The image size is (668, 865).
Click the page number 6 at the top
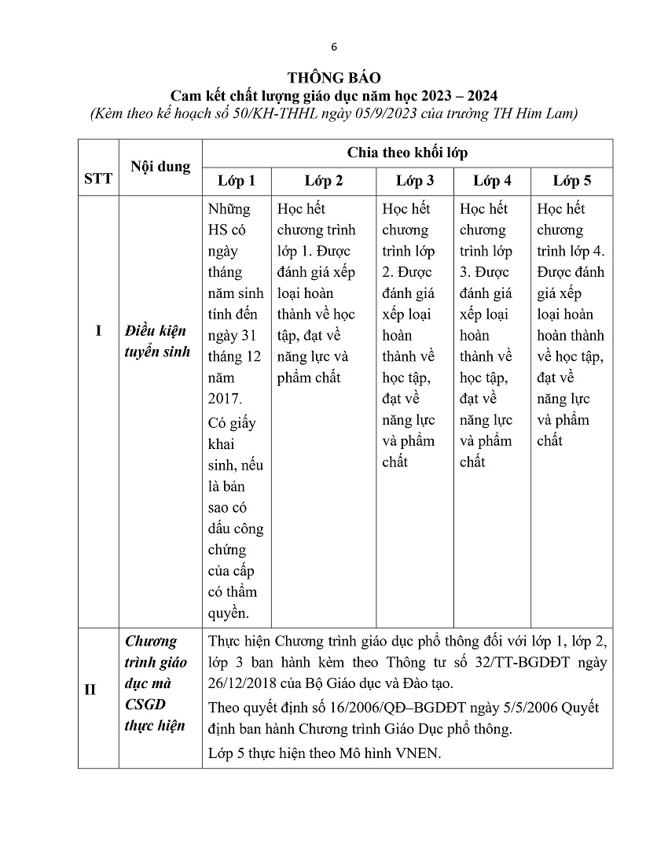334,46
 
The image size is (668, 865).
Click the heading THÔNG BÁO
334,78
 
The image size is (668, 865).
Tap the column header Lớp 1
237,181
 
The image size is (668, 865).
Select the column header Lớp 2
324,181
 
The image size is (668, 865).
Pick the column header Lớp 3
415,181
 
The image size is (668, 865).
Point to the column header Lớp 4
492,181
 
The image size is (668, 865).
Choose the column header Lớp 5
571,181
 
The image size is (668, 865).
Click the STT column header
98,179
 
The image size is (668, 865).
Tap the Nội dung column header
160,167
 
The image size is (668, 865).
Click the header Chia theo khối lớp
407,153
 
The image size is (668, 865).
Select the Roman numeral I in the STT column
98,330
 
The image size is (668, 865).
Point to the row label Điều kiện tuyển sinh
157,341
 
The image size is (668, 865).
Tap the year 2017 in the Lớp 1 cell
226,399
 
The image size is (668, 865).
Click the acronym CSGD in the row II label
145,705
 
